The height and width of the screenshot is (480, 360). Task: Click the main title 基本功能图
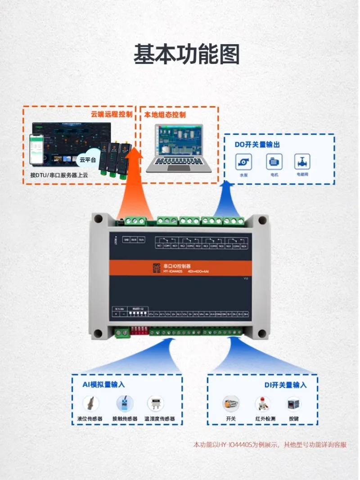tap(186, 55)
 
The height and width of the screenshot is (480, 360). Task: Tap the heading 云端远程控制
tap(112, 114)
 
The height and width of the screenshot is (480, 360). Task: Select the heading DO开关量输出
tap(257, 145)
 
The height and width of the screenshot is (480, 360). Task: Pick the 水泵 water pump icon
tap(243, 162)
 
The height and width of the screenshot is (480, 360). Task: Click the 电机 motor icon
tap(274, 162)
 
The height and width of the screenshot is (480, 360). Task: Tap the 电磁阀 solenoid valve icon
tap(302, 162)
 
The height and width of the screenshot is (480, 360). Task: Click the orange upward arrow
tap(134, 180)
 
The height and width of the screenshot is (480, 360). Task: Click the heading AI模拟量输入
tap(103, 385)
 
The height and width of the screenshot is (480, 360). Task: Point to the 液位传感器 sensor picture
tap(90, 404)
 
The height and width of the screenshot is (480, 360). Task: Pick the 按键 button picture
tap(293, 404)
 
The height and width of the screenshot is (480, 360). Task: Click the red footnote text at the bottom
tap(270, 445)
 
